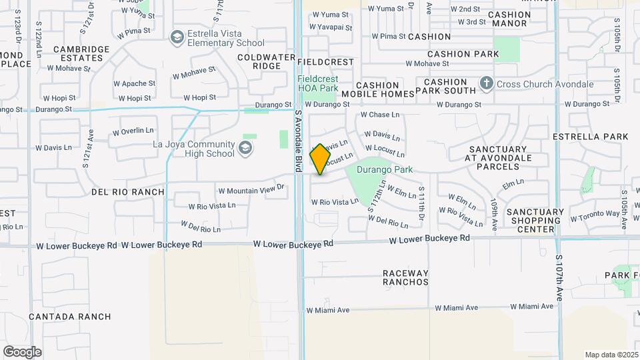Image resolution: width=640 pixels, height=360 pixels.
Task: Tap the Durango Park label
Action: (385, 170)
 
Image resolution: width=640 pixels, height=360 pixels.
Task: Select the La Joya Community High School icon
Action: (246, 148)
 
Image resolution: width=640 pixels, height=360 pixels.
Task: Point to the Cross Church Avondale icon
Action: (487, 85)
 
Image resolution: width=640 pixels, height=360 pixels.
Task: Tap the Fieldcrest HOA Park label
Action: (318, 83)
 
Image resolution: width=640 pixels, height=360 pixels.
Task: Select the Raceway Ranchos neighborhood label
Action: (405, 277)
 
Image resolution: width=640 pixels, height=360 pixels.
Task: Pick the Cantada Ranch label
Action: (70, 317)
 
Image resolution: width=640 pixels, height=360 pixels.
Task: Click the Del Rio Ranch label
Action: (127, 192)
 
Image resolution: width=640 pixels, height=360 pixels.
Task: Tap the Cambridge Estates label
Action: (81, 53)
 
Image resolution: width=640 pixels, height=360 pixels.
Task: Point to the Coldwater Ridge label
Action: (267, 61)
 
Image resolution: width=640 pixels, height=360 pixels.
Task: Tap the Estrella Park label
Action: (590, 137)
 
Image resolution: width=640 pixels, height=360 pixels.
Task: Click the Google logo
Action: (22, 351)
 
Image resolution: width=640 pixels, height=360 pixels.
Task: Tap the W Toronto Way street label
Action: (595, 215)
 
